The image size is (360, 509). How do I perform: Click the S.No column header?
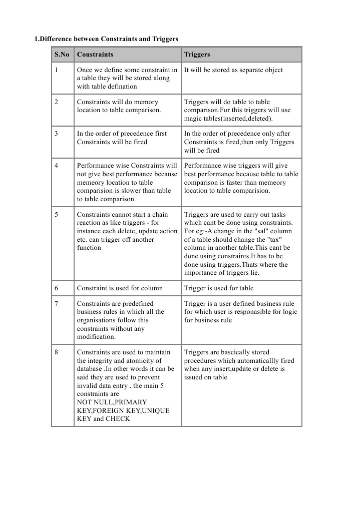62,54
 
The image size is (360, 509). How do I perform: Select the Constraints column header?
95,54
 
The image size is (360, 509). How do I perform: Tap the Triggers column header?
197,54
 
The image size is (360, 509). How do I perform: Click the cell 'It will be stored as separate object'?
233,70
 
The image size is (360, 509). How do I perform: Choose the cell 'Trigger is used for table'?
219,288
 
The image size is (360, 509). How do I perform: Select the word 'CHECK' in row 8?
118,418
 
